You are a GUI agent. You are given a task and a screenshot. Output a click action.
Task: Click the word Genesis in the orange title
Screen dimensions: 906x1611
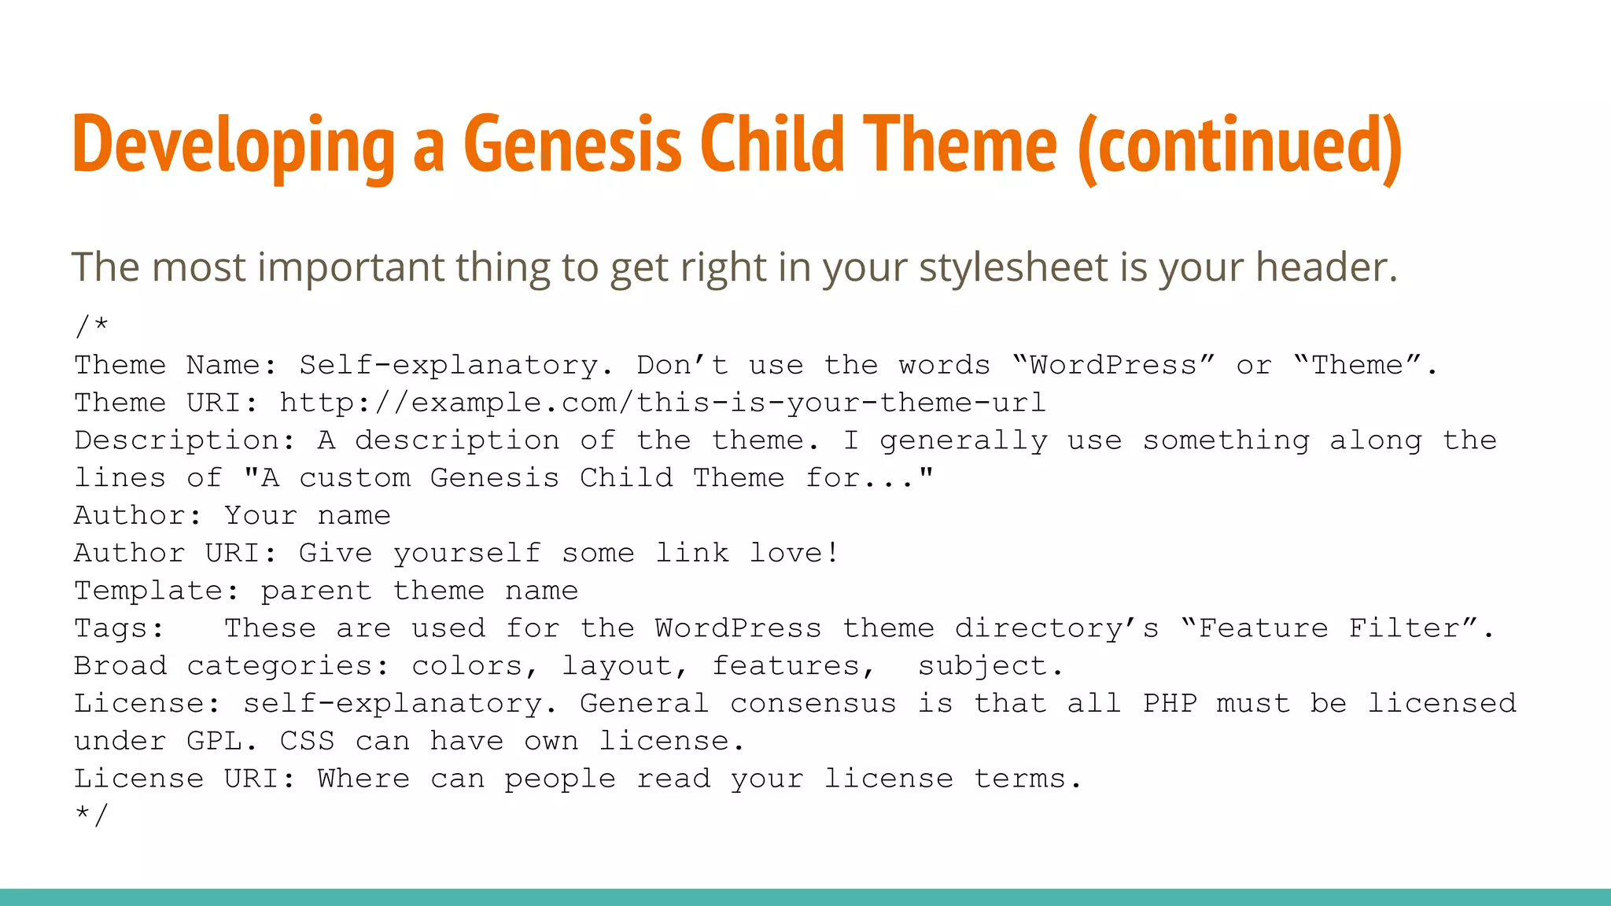click(x=572, y=145)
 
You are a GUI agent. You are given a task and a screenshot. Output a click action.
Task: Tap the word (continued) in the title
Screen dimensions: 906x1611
click(x=1240, y=146)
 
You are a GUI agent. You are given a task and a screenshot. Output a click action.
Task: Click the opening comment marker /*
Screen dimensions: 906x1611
click(x=91, y=326)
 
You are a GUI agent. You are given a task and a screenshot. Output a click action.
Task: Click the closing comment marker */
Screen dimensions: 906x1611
click(x=91, y=815)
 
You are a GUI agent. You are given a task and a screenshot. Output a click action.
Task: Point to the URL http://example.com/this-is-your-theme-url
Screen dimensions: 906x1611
click(x=662, y=403)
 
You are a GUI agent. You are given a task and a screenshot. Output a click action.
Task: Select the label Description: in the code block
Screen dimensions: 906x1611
click(x=185, y=440)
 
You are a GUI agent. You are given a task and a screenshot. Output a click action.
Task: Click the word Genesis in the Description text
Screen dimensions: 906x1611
click(x=494, y=478)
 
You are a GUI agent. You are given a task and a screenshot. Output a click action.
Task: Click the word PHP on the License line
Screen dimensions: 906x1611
click(x=1170, y=703)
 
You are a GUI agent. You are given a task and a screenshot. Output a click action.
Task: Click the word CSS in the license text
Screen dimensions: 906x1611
click(x=307, y=741)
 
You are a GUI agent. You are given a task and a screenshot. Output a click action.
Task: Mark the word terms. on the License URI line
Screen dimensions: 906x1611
click(x=1028, y=779)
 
